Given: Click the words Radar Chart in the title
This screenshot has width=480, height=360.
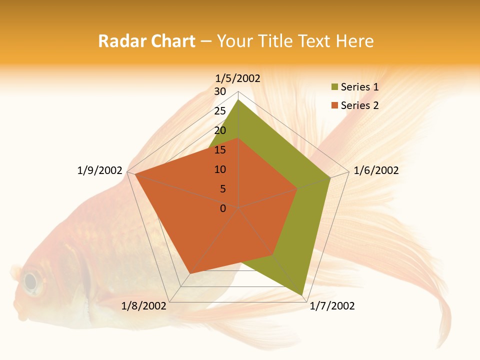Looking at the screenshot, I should coord(146,41).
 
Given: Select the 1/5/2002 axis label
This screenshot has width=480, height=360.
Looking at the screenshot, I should coord(238,78).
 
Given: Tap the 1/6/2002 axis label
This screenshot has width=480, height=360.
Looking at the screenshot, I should coord(376,170).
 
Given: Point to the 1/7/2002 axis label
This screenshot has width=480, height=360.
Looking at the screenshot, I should coord(332,306).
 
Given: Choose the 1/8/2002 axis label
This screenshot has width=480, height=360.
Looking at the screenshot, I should coord(144,306).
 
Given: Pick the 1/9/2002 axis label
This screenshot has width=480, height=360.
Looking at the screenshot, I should coord(100,170).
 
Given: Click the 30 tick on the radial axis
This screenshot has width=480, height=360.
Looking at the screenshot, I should coord(220,91).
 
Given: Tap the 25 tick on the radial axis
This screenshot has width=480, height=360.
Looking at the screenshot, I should coord(220,111).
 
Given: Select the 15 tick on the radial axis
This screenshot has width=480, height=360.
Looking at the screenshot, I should coord(220,150).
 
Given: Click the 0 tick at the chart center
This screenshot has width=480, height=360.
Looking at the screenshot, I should coord(223,208).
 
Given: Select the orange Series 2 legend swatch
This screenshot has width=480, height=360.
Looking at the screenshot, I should coord(334,105).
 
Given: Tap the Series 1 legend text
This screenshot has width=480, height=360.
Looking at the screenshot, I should coord(359,87).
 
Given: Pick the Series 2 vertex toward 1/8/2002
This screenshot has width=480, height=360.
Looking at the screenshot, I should coord(190,273).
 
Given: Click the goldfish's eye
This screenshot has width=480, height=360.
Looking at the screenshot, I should coord(31,281).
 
